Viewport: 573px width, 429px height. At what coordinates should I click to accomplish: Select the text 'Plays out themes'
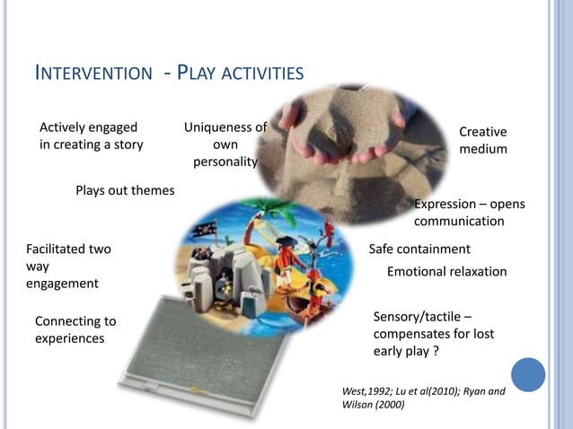[x=125, y=190]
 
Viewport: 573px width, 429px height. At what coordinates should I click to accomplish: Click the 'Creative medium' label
[x=483, y=140]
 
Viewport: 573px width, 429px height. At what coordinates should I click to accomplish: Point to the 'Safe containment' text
[x=419, y=249]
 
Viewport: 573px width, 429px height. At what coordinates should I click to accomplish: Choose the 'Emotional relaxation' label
[x=446, y=271]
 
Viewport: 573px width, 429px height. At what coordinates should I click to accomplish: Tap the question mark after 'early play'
[x=436, y=351]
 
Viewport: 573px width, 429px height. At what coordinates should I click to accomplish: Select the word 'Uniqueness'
[x=225, y=127]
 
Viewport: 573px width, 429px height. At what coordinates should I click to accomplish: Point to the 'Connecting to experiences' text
[x=75, y=329]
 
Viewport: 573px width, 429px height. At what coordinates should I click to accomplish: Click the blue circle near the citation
[x=528, y=374]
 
